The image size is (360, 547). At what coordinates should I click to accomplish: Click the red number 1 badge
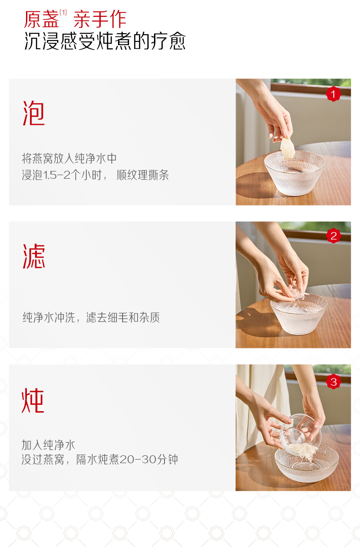(x=334, y=94)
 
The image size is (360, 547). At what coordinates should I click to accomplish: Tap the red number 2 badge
(x=334, y=236)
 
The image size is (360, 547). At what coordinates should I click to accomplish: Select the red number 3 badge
(x=334, y=382)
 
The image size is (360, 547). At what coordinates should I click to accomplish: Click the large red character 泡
(x=34, y=114)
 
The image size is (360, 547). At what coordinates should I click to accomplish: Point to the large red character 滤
(x=34, y=256)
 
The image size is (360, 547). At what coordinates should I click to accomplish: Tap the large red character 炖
(x=33, y=400)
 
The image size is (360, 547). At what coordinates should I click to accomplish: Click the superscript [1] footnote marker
(x=63, y=12)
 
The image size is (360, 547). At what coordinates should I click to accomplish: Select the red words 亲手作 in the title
(x=100, y=19)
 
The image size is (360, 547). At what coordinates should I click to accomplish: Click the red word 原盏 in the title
(x=41, y=19)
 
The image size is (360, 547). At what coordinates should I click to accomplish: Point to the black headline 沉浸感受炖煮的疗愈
(x=105, y=41)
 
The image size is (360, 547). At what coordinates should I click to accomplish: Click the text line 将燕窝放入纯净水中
(x=69, y=159)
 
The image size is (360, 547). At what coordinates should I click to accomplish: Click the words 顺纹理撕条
(x=143, y=175)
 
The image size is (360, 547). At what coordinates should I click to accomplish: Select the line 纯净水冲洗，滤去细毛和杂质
(x=91, y=317)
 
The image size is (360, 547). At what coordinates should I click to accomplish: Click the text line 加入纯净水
(x=48, y=445)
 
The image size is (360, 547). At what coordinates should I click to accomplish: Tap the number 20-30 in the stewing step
(x=138, y=459)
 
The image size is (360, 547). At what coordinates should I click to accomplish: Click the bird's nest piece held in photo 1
(x=287, y=149)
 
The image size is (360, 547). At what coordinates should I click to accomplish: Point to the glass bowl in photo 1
(x=295, y=173)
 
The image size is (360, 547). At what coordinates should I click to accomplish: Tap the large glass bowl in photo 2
(x=299, y=314)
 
